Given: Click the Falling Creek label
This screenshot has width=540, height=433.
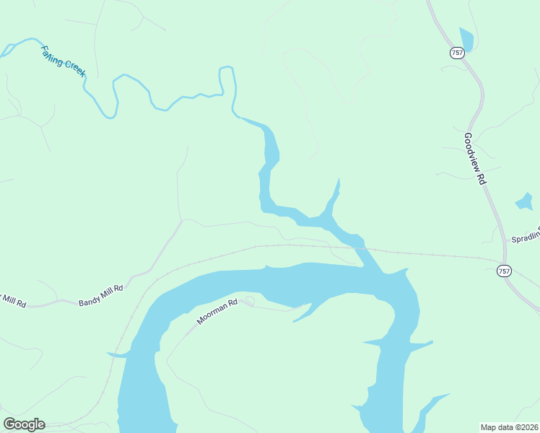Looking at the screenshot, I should [x=63, y=61].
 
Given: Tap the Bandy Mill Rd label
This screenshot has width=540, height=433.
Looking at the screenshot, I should [x=101, y=295].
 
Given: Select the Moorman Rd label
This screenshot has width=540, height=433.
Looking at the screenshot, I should [x=217, y=311].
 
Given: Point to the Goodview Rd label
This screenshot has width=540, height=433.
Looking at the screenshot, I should [x=473, y=159].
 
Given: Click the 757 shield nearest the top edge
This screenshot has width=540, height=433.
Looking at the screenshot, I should [x=456, y=53].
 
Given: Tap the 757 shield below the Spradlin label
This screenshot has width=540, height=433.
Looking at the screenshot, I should [x=504, y=271].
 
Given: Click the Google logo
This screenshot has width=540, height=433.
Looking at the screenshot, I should [x=23, y=424].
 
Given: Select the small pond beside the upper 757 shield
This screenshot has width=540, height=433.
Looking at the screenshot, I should [x=466, y=39].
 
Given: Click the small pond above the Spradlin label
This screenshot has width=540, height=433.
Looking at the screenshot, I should [x=524, y=201].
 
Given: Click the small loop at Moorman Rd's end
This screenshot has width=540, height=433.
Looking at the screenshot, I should [x=250, y=299].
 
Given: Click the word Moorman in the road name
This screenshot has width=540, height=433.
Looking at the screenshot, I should [x=212, y=315].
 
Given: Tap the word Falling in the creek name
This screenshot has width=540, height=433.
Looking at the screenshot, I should [x=52, y=55].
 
